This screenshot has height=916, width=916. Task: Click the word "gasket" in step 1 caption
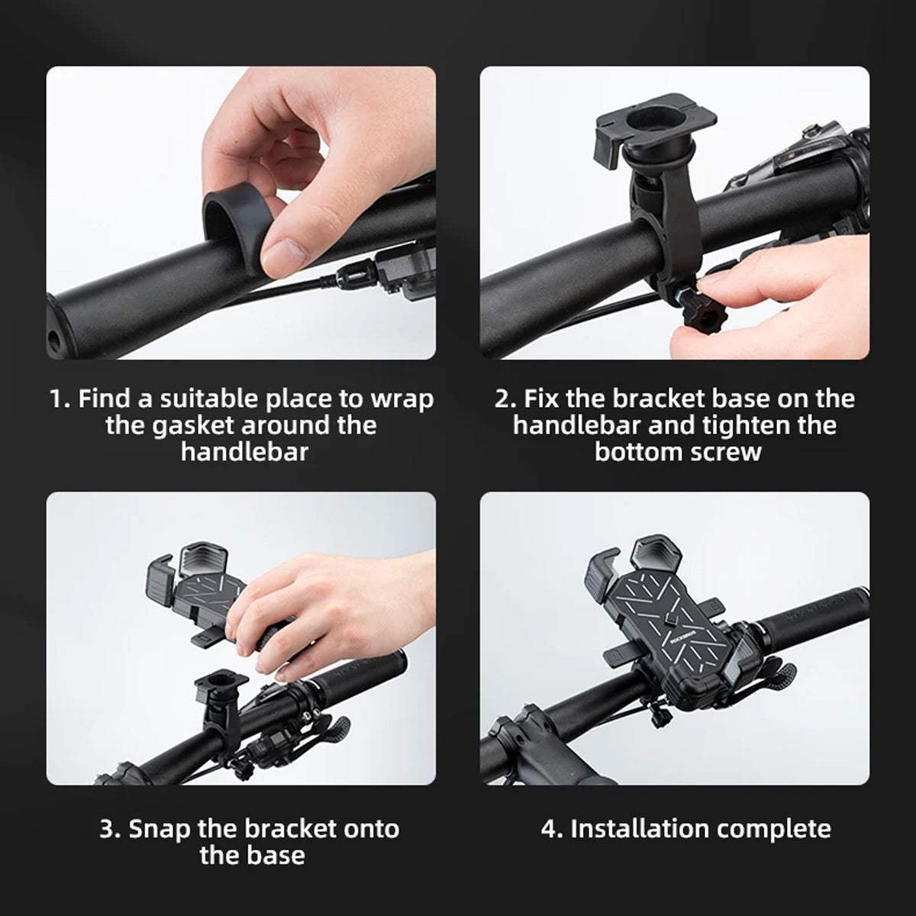[x=193, y=425]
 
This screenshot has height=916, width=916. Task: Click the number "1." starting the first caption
[x=60, y=399]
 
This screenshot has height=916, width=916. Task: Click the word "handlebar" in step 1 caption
[x=245, y=452]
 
